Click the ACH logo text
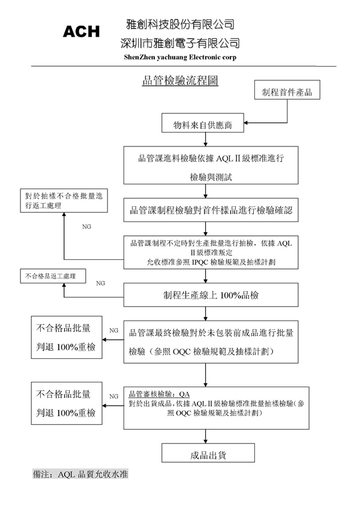(x=81, y=32)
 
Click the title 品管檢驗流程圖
(x=179, y=82)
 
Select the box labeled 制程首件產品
(x=287, y=92)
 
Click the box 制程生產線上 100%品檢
(x=211, y=295)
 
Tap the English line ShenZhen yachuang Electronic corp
(x=179, y=57)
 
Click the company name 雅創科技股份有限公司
(x=179, y=25)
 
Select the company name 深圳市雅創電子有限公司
(x=179, y=43)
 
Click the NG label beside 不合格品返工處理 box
(x=100, y=283)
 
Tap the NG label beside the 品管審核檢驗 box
(x=113, y=396)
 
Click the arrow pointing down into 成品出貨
(x=205, y=437)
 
